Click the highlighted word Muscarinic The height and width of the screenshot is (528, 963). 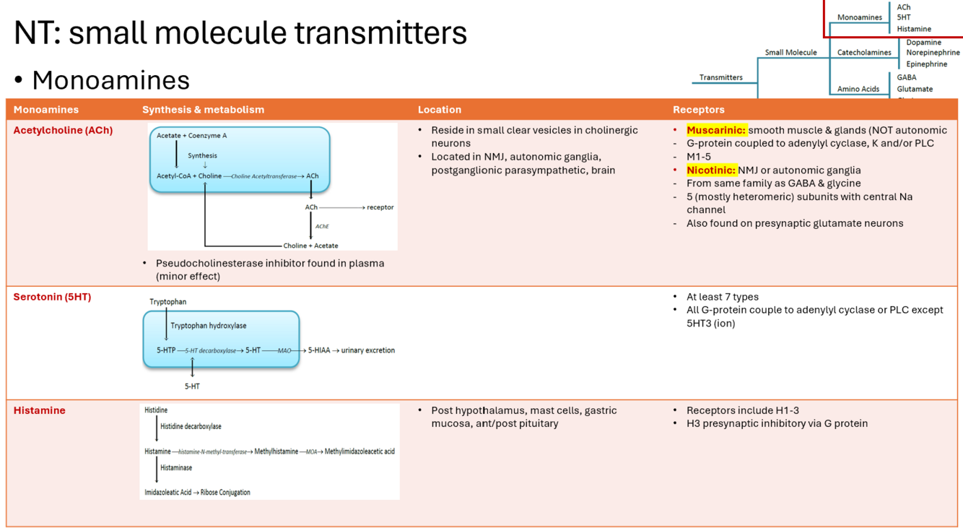(715, 130)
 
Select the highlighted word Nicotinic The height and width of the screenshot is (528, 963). (711, 170)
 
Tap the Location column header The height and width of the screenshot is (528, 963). (439, 110)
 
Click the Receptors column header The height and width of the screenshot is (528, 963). (698, 110)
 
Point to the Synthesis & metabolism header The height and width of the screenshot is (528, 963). (203, 110)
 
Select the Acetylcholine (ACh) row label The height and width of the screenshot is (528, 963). (63, 130)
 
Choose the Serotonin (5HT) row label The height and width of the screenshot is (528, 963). (52, 297)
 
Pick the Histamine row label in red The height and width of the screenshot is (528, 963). (39, 410)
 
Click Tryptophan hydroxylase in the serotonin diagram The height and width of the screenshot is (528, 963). (208, 326)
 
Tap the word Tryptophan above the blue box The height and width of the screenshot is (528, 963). (167, 302)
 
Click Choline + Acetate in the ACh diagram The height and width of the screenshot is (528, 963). (310, 246)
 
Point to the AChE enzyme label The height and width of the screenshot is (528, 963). (322, 226)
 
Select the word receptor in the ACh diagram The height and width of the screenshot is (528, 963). (380, 207)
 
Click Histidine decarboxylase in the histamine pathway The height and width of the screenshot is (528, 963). (191, 427)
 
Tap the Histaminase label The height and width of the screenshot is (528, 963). (176, 468)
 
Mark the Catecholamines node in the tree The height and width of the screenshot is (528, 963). (864, 53)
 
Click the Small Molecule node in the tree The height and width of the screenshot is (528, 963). (790, 53)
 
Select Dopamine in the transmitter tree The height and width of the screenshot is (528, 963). (923, 43)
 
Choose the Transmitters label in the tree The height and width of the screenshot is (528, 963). (720, 77)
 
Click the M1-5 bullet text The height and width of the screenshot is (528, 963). (698, 157)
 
